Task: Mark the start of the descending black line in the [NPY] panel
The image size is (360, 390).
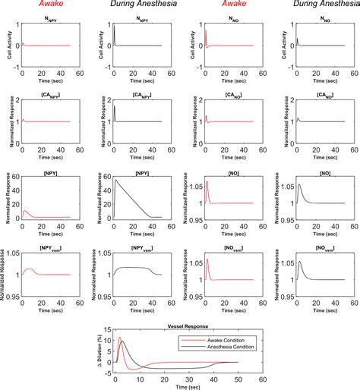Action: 114,180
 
